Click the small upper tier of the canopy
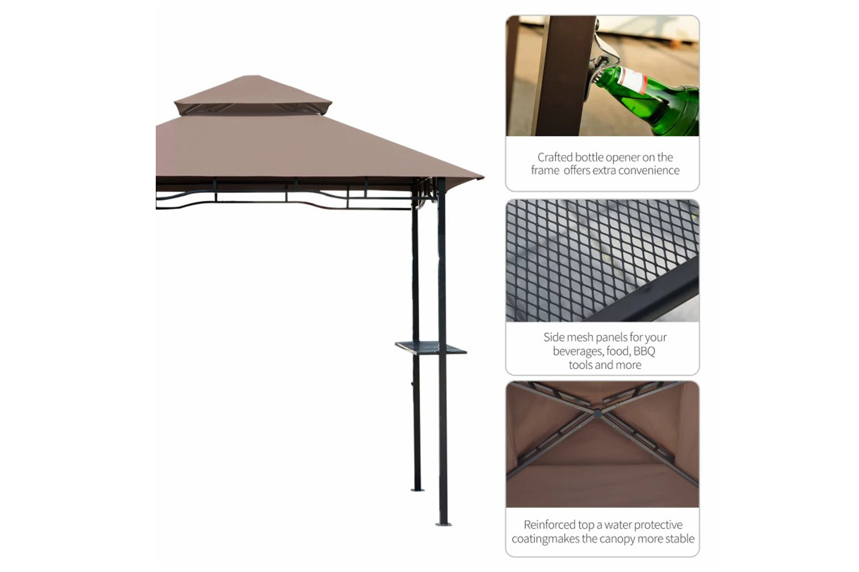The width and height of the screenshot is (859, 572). tap(253, 95)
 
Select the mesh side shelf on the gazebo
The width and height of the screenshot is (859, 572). tap(431, 348)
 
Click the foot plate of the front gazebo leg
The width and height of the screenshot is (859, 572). tap(443, 524)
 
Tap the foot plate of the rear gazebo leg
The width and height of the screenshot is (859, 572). tap(417, 489)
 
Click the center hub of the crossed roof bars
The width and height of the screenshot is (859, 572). tap(597, 414)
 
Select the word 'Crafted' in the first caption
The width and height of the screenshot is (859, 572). tap(555, 157)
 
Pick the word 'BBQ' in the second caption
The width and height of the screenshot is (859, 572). tap(644, 351)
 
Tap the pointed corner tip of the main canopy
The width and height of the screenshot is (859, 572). tap(483, 177)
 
